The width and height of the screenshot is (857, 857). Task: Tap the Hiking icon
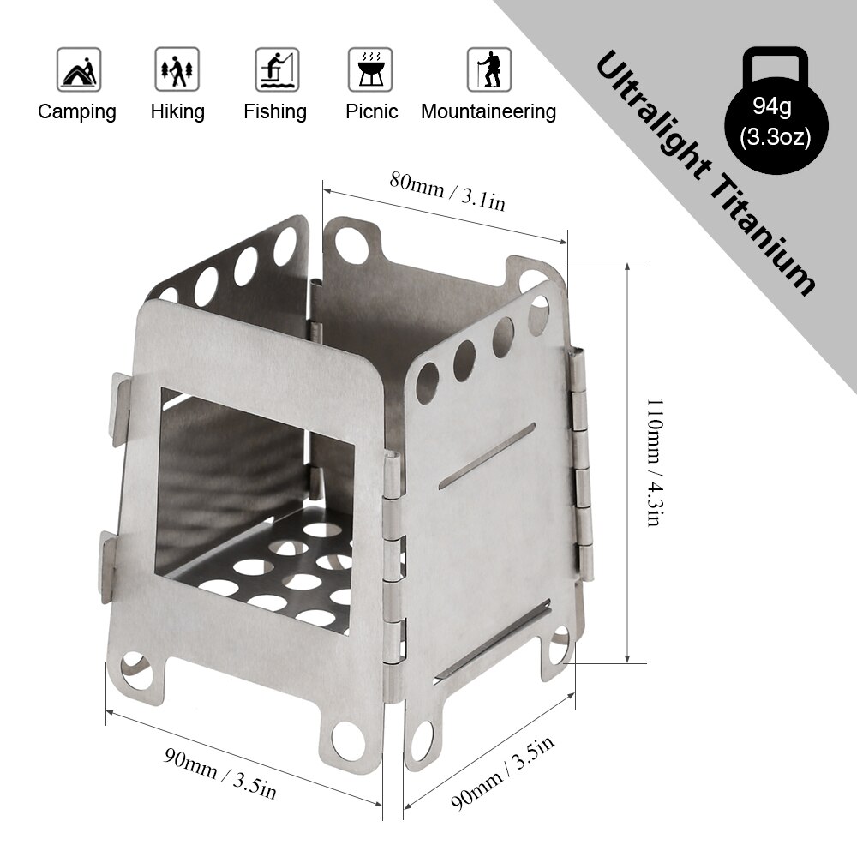pos(177,69)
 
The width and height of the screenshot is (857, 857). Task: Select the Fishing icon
pos(276,69)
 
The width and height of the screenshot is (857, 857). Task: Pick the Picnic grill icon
pos(370,69)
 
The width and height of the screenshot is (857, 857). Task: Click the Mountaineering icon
pos(489,69)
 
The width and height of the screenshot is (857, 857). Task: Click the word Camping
pos(77,111)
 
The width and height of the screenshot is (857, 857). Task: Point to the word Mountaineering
pos(488,111)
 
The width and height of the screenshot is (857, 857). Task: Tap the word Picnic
pos(372,111)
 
